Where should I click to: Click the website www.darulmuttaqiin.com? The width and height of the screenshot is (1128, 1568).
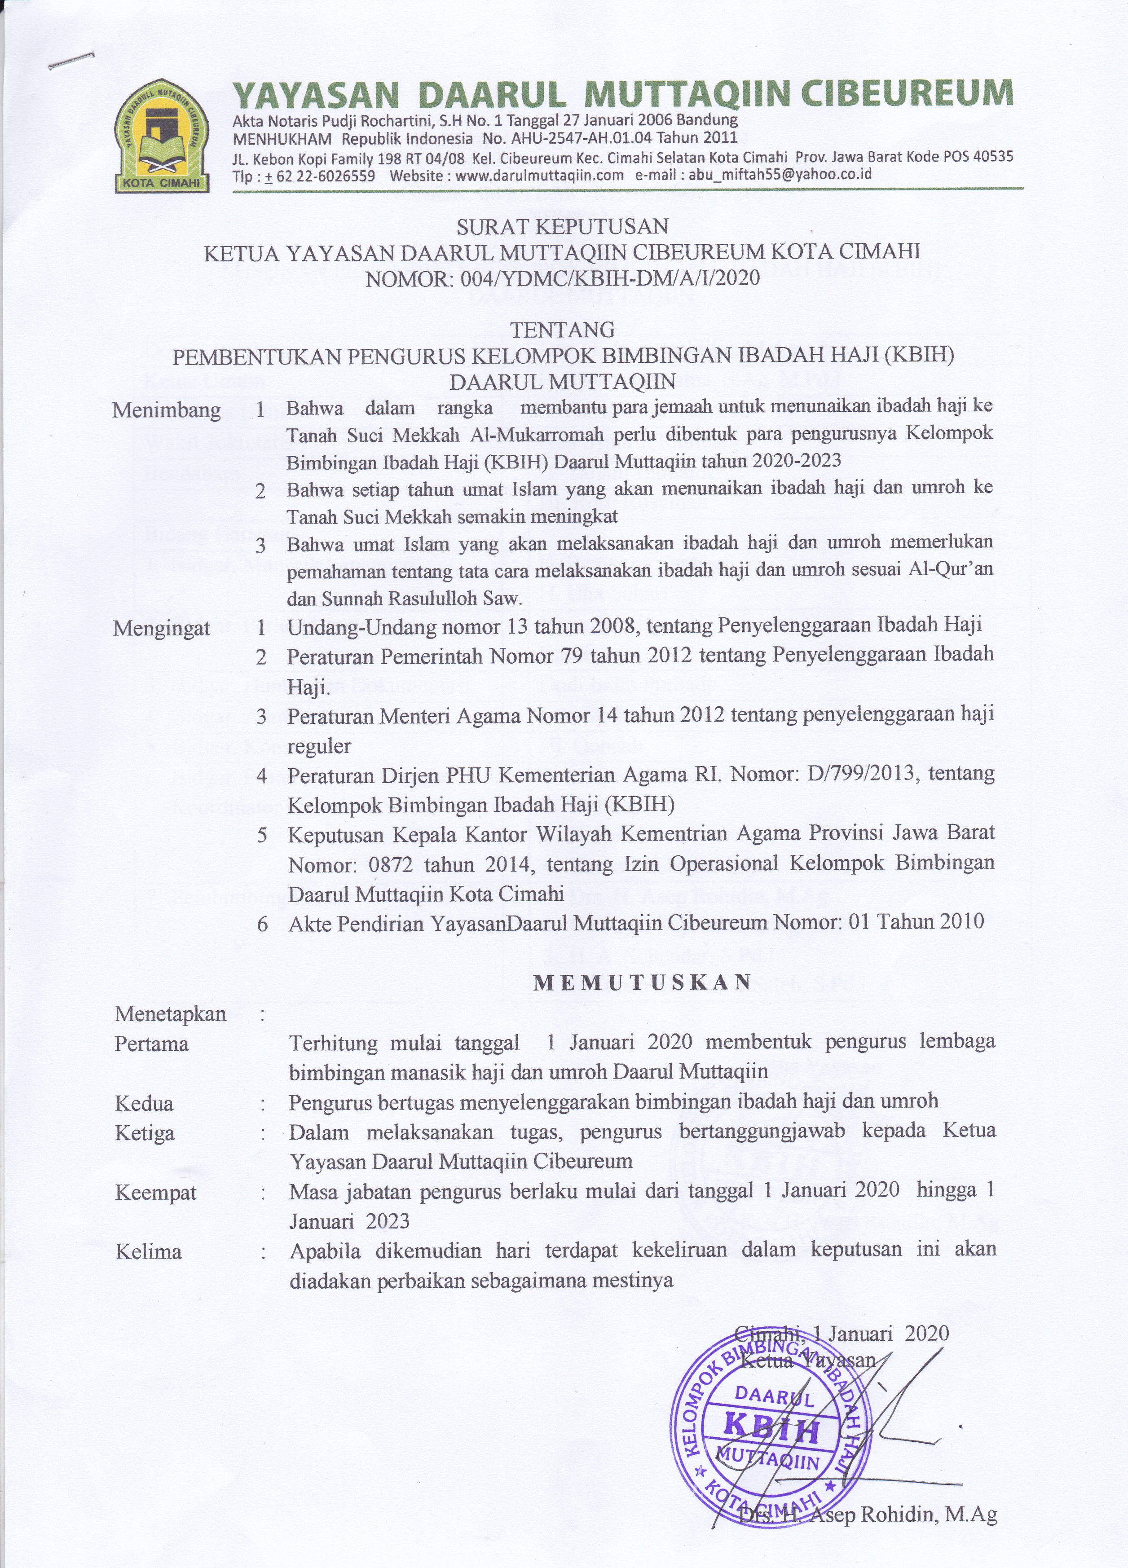coord(540,176)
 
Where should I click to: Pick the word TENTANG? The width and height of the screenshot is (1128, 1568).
coord(563,329)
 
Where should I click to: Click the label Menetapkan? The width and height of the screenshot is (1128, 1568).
coord(170,1014)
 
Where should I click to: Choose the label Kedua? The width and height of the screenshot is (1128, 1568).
coord(144,1103)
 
